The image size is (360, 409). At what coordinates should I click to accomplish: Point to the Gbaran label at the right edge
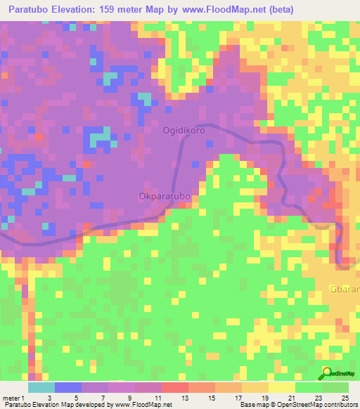click(x=345, y=290)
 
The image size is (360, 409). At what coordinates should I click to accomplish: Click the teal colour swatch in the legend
click(x=41, y=387)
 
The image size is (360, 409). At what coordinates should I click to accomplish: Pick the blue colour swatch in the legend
click(x=67, y=387)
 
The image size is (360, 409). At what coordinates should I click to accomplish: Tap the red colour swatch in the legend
click(x=174, y=387)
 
